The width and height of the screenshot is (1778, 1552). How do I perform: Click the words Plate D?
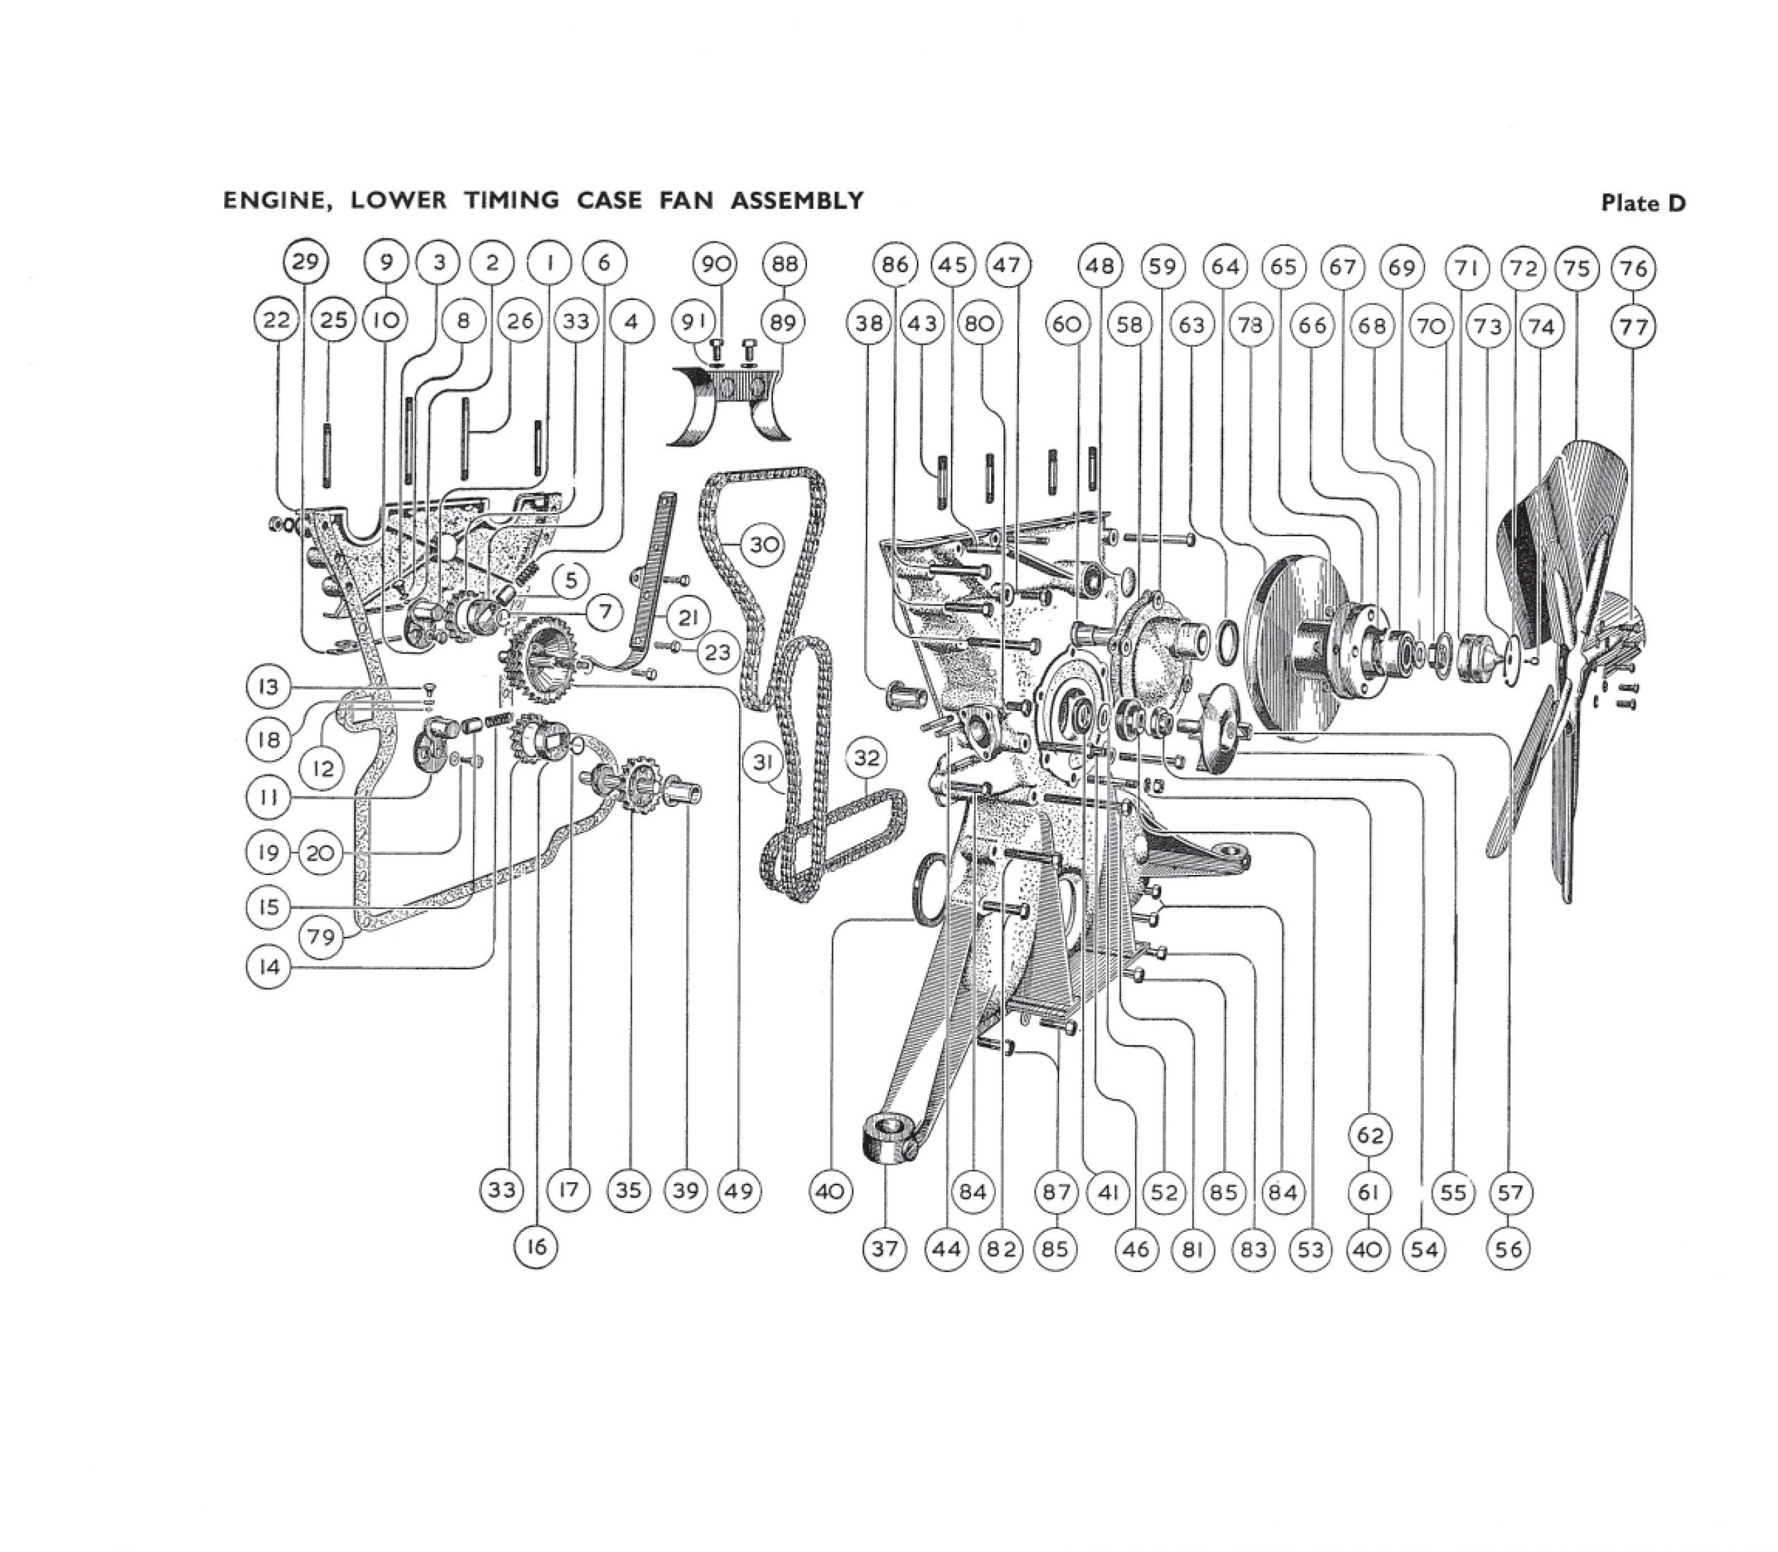tap(1643, 203)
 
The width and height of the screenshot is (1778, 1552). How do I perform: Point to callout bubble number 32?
tap(866, 759)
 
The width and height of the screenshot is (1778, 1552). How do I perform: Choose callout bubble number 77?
tap(1633, 327)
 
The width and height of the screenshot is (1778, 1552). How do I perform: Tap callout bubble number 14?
tap(269, 967)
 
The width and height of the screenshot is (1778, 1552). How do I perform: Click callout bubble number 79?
tap(322, 936)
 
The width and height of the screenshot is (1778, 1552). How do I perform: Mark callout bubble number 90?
tap(715, 263)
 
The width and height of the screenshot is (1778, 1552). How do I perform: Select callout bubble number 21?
tap(688, 617)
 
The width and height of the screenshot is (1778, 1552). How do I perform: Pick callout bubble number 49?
tap(739, 1192)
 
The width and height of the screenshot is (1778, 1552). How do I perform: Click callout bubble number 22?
tap(276, 320)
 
